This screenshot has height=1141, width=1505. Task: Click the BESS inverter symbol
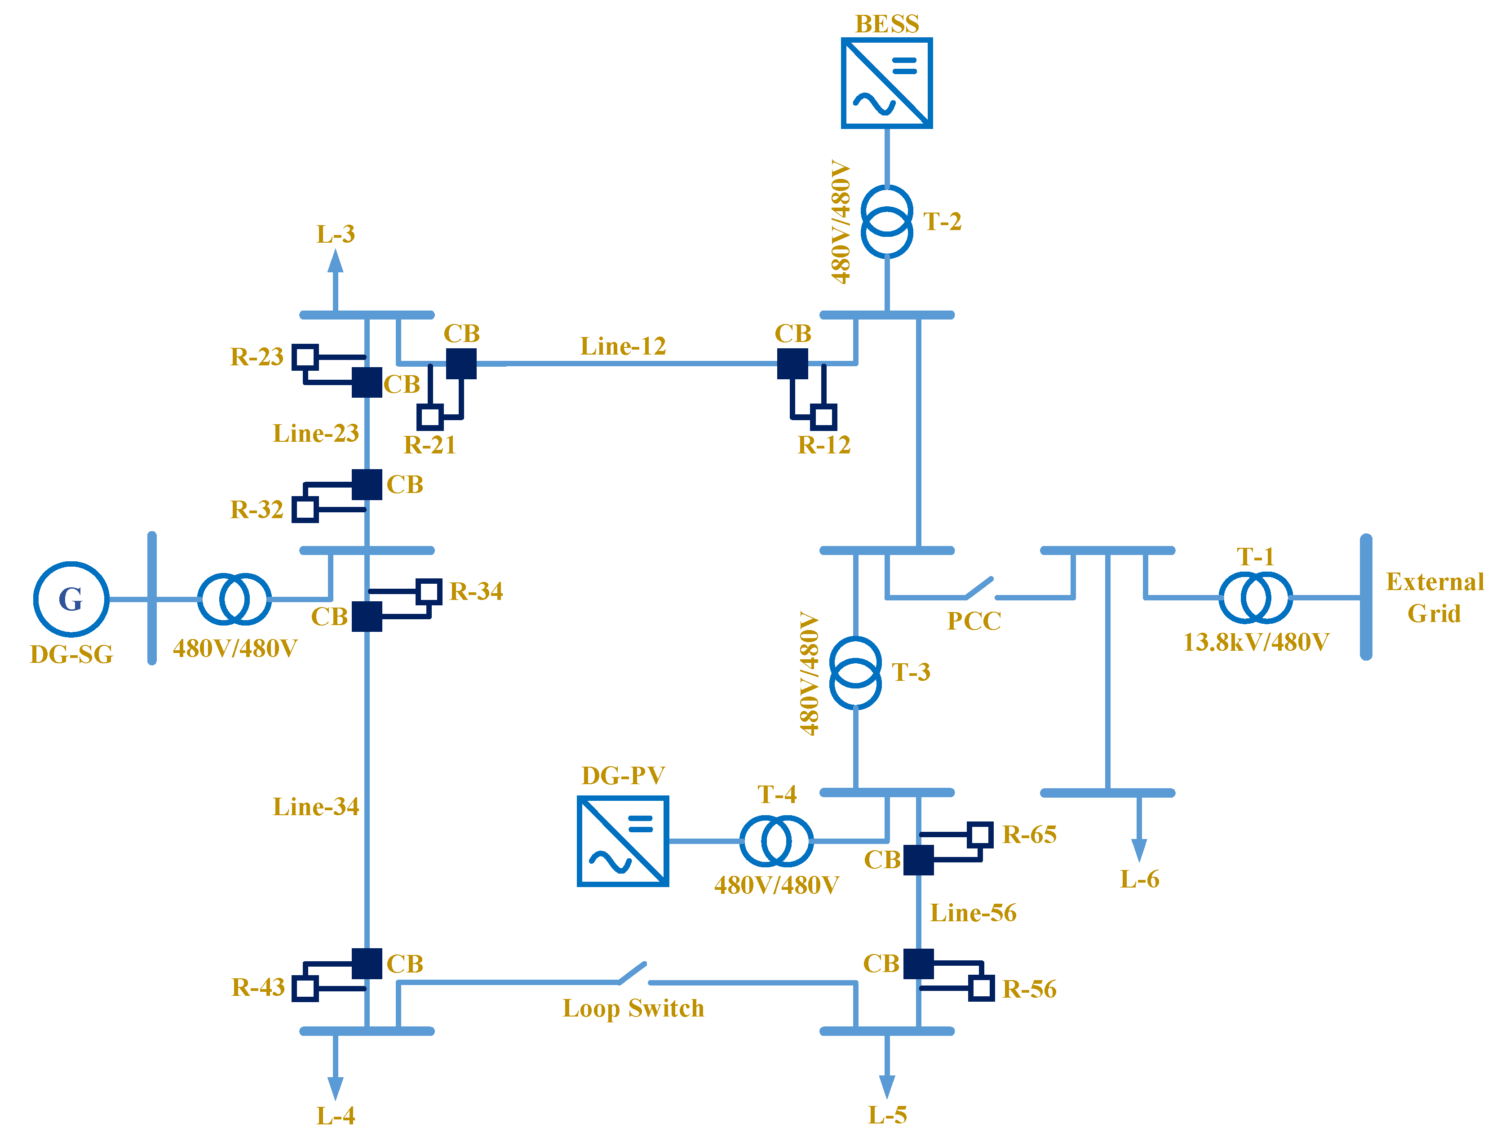tap(886, 83)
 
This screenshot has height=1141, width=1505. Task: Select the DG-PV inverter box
tap(623, 841)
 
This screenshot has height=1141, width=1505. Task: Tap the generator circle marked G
tap(71, 599)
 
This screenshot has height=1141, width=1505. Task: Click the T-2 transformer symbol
tap(886, 221)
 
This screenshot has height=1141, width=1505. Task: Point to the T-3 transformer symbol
tap(855, 673)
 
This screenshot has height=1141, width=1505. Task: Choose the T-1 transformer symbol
tap(1255, 598)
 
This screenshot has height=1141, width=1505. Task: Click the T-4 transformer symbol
tap(776, 841)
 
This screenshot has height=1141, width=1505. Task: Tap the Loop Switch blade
tap(633, 973)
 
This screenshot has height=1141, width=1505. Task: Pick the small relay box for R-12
tap(823, 417)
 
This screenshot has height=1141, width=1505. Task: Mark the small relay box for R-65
tap(980, 834)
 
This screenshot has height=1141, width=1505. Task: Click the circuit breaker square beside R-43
tap(367, 963)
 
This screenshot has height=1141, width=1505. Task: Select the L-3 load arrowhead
tap(335, 262)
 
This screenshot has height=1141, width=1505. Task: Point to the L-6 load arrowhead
tap(1139, 850)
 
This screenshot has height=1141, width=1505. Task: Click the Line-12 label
tap(623, 346)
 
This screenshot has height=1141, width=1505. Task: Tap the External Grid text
tap(1434, 598)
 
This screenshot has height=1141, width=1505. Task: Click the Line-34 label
tap(316, 807)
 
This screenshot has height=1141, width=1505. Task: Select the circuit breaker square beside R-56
tap(919, 963)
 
